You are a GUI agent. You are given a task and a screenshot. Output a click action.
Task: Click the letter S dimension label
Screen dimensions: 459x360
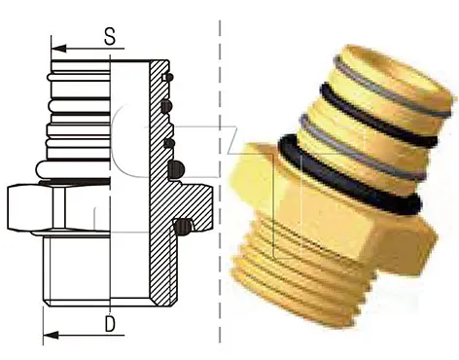tap(110, 36)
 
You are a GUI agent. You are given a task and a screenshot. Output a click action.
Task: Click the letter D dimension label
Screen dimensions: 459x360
tap(110, 323)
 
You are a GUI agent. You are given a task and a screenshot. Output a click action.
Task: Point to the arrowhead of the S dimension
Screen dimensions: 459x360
tap(58, 49)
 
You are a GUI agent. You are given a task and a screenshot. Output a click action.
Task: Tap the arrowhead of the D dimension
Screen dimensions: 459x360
tap(51, 335)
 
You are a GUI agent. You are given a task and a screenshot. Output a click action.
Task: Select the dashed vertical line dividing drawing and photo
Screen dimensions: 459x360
tap(221, 181)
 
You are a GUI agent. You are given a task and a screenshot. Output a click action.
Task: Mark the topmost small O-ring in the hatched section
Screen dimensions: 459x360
tap(168, 77)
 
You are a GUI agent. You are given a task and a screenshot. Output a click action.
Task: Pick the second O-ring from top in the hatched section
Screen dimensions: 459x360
tap(166, 106)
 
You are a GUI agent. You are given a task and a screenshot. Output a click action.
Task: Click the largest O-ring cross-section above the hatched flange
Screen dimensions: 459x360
tap(177, 169)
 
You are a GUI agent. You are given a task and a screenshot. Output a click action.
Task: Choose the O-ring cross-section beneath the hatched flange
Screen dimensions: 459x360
tap(183, 227)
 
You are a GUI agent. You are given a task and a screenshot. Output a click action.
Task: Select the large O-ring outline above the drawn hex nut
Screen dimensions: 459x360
tap(73, 169)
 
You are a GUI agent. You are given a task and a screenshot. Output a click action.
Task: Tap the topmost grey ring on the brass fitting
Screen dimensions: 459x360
tap(391, 86)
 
